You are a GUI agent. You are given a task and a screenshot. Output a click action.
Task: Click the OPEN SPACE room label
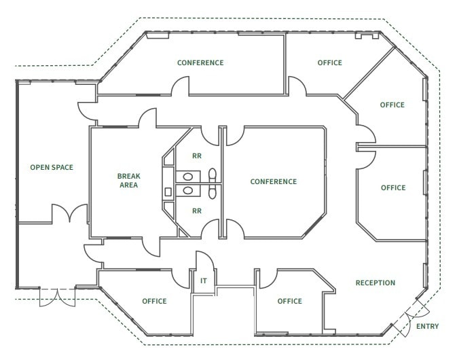click(51, 167)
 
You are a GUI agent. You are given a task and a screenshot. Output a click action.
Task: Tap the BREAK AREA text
click(129, 180)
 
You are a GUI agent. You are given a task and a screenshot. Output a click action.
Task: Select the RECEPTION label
click(375, 283)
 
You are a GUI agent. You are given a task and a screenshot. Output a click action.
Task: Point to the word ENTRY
click(427, 326)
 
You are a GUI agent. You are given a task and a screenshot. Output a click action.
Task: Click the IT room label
click(203, 280)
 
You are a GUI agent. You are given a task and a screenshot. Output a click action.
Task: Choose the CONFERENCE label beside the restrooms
click(273, 181)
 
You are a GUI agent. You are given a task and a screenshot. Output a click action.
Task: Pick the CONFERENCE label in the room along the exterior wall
click(200, 62)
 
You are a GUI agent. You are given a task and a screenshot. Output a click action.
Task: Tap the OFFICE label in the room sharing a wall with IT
click(154, 301)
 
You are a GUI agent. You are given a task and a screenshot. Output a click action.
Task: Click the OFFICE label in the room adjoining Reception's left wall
click(289, 301)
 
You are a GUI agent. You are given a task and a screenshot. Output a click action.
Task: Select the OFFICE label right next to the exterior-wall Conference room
click(329, 62)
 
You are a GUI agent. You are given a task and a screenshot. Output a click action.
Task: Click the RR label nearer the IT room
click(197, 211)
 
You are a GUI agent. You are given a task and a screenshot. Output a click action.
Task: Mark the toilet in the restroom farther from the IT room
click(212, 175)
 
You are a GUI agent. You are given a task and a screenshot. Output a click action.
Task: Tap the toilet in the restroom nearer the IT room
click(212, 192)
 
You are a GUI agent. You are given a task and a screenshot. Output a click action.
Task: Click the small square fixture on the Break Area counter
click(168, 192)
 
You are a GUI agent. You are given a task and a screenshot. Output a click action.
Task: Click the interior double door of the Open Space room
click(69, 214)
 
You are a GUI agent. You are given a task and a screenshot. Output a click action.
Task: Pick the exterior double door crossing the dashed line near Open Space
click(57, 297)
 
